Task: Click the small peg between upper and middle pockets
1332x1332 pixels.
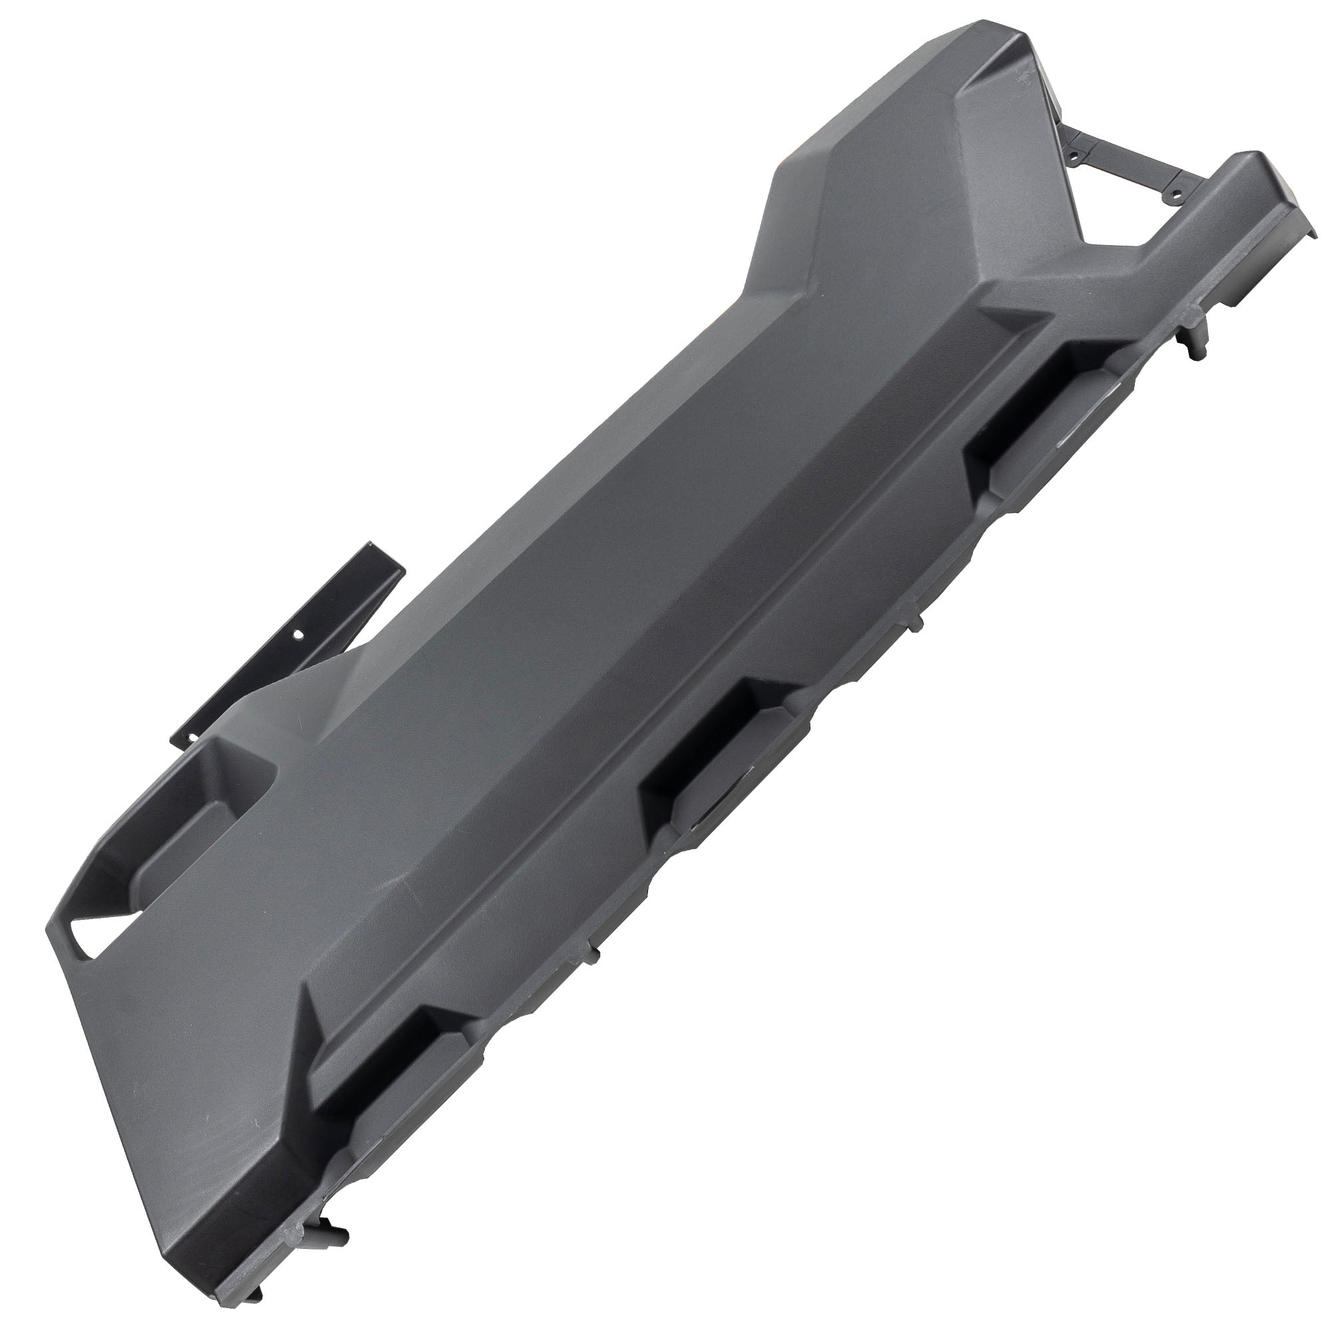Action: [x=918, y=624]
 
